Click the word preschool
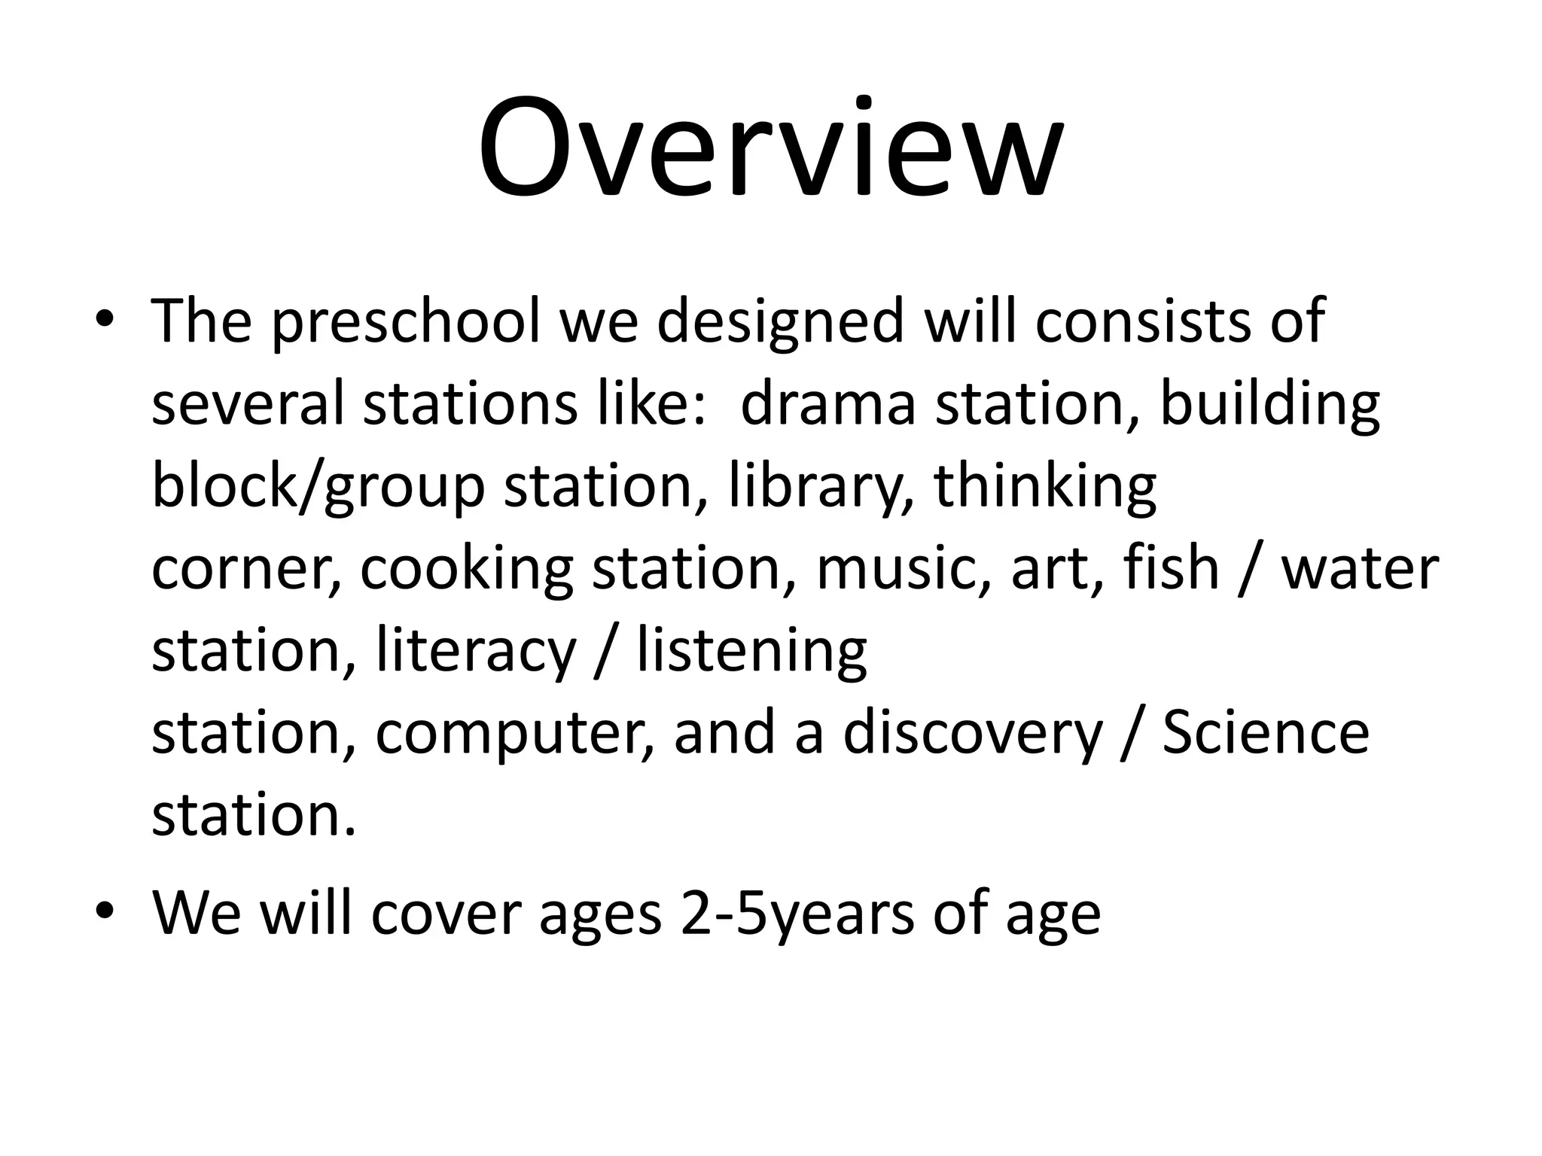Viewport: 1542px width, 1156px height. tap(406, 322)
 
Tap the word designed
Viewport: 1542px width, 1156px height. tap(779, 322)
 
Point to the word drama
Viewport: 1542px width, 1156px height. tap(827, 403)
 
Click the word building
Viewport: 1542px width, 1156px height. tap(1269, 405)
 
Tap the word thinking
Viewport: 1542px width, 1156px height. tap(1044, 487)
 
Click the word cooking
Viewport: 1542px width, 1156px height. tap(466, 570)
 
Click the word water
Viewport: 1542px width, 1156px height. tap(1360, 570)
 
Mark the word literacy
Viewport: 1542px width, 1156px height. tap(475, 652)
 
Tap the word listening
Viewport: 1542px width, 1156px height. tap(751, 652)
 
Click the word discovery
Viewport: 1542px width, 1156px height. tap(972, 734)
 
